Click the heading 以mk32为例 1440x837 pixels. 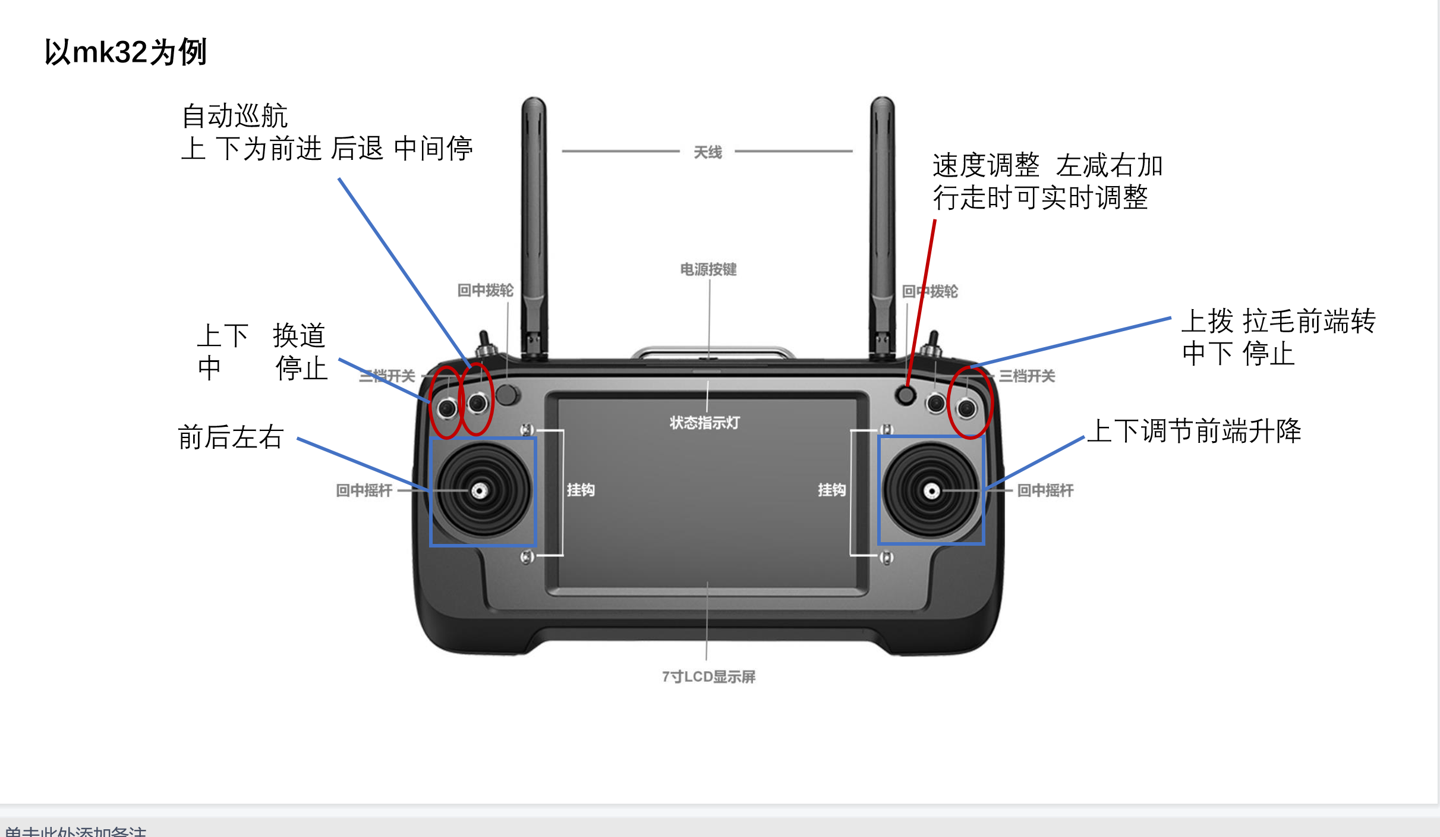click(x=125, y=52)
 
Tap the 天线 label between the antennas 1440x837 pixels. click(x=708, y=153)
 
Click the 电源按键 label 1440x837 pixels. click(x=708, y=270)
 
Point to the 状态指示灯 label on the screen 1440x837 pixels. click(x=705, y=423)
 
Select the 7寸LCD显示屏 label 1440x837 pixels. click(x=708, y=676)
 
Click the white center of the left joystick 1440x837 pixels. click(x=480, y=491)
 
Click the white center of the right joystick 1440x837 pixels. click(x=931, y=492)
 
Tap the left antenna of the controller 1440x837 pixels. click(x=534, y=226)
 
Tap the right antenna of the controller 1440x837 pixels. click(x=883, y=226)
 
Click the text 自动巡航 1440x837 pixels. click(x=235, y=115)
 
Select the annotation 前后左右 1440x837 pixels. click(x=231, y=437)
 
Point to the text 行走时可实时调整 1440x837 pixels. click(x=1040, y=197)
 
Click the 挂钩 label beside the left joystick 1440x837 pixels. click(x=581, y=490)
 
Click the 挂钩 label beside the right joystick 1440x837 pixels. click(x=831, y=490)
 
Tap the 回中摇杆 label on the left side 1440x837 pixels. click(x=364, y=490)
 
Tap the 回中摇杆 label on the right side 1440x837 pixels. click(x=1045, y=490)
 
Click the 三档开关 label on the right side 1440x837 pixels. click(x=1027, y=376)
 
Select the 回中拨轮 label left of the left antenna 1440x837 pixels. click(x=486, y=290)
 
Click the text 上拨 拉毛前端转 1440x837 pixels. click(x=1278, y=321)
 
